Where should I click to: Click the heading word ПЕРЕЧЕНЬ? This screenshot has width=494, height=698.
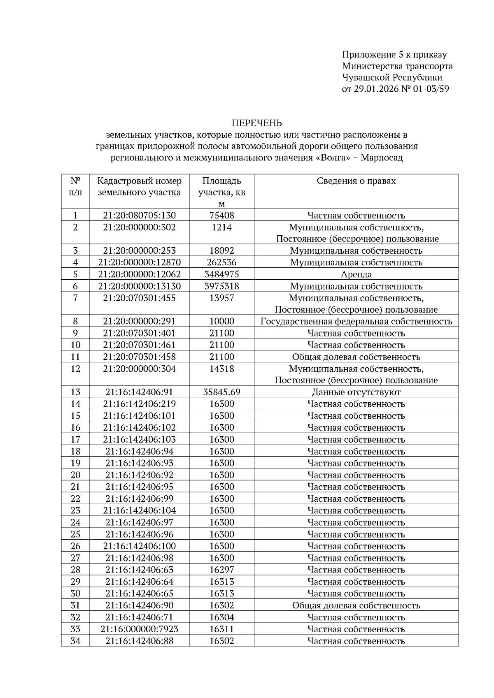pyautogui.click(x=257, y=123)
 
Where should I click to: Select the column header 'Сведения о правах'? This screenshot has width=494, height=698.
pyautogui.click(x=356, y=181)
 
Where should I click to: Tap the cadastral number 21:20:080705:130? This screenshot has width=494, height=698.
pyautogui.click(x=139, y=215)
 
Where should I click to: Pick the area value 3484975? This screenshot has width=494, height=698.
pyautogui.click(x=221, y=274)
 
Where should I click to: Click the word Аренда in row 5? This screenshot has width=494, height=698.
pyautogui.click(x=356, y=274)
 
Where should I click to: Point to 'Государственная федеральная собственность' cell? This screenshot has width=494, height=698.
pyautogui.click(x=356, y=321)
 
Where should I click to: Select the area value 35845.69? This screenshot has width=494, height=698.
pyautogui.click(x=221, y=392)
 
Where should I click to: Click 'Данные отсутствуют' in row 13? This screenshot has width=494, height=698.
pyautogui.click(x=356, y=392)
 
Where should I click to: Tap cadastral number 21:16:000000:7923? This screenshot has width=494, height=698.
pyautogui.click(x=139, y=629)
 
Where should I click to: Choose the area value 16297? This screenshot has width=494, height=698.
pyautogui.click(x=221, y=570)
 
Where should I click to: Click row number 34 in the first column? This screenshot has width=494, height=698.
pyautogui.click(x=75, y=641)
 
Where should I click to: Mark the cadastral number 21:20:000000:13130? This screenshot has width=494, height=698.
pyautogui.click(x=139, y=286)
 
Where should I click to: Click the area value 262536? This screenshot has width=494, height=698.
pyautogui.click(x=221, y=262)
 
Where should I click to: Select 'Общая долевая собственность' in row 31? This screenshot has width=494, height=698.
pyautogui.click(x=356, y=605)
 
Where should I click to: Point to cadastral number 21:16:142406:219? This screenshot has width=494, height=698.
pyautogui.click(x=139, y=404)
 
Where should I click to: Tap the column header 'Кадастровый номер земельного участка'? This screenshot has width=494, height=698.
pyautogui.click(x=139, y=187)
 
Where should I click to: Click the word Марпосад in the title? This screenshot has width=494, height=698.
pyautogui.click(x=382, y=158)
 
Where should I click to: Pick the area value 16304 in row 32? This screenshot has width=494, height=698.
pyautogui.click(x=221, y=617)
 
